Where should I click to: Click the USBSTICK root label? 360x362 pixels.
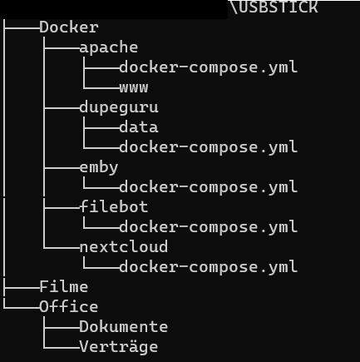(x=279, y=7)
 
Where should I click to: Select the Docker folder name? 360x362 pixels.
(x=69, y=27)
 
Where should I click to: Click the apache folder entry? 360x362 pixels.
(x=109, y=47)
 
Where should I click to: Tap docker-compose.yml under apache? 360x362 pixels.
(x=209, y=67)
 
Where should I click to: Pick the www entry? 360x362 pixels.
(x=134, y=87)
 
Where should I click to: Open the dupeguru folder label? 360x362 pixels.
(x=119, y=107)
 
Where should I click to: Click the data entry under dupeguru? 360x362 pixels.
(x=139, y=127)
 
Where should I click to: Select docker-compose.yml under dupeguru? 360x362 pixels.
(x=209, y=147)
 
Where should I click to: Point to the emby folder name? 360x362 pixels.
(x=99, y=167)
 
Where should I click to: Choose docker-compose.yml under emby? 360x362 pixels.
(x=209, y=187)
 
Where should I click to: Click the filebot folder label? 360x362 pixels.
(x=114, y=207)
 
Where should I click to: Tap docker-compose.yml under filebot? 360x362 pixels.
(x=209, y=227)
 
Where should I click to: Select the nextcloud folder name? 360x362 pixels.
(x=124, y=247)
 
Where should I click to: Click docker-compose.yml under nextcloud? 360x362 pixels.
(x=209, y=267)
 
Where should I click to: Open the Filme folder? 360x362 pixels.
(x=64, y=287)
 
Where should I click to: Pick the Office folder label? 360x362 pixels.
(x=69, y=307)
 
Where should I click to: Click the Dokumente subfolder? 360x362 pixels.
(x=124, y=327)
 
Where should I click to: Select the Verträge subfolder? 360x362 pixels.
(x=119, y=347)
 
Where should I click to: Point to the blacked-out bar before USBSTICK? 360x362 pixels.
(x=114, y=9)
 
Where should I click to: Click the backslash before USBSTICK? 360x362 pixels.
(x=234, y=7)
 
